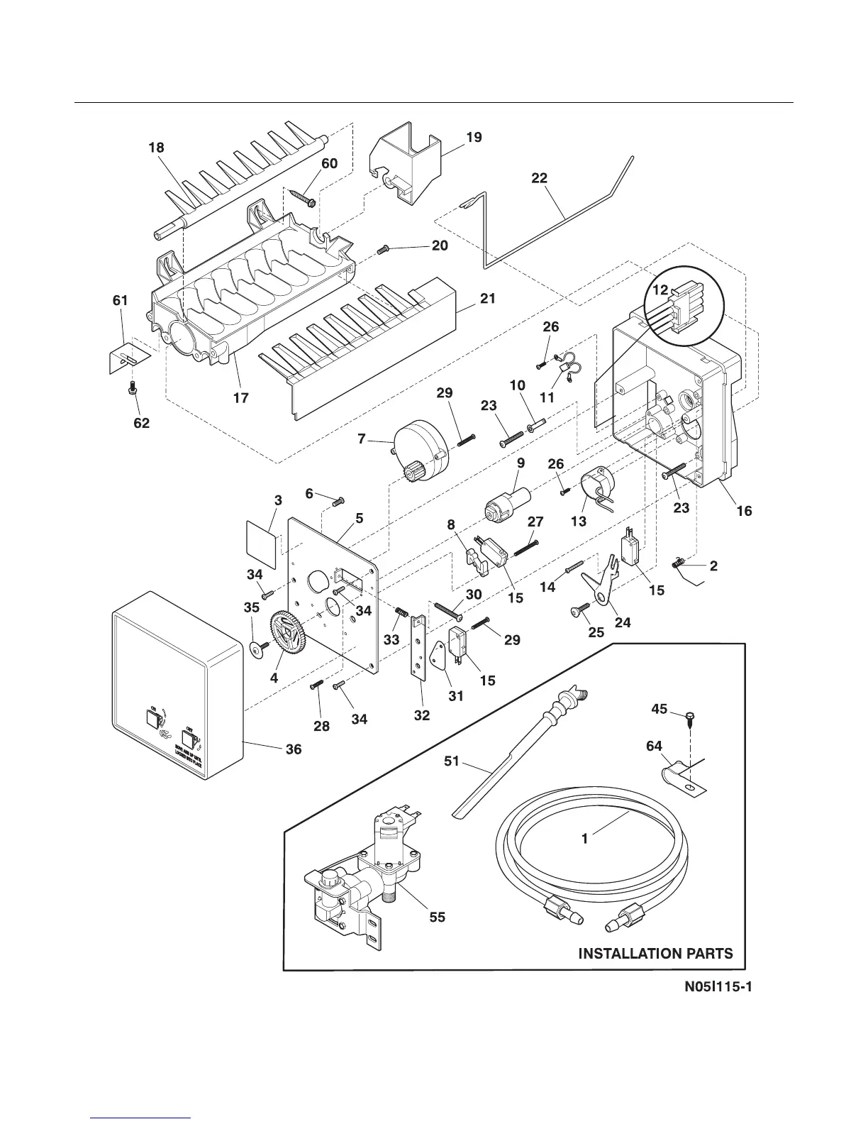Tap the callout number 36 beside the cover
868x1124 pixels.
293,749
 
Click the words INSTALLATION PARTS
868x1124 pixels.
655,953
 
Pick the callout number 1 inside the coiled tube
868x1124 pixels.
584,838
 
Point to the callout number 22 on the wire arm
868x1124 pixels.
540,178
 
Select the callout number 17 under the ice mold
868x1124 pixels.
241,397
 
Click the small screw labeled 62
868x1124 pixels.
131,388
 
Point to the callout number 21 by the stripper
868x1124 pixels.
487,299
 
